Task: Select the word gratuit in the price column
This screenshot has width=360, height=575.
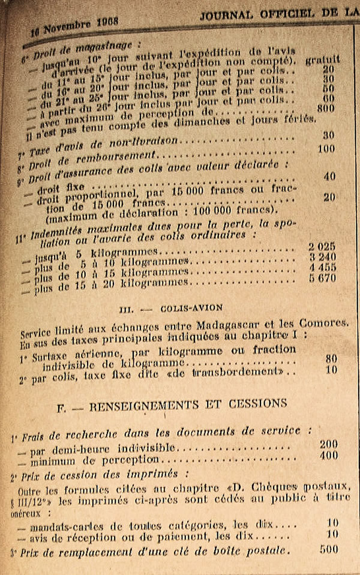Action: (322, 59)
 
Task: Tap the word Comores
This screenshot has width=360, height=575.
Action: (322, 322)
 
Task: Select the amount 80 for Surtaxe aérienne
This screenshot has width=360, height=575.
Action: (331, 358)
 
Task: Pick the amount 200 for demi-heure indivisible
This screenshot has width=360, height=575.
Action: (328, 445)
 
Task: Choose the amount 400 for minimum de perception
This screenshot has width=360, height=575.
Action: (328, 456)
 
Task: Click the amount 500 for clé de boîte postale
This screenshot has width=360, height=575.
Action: (328, 549)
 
